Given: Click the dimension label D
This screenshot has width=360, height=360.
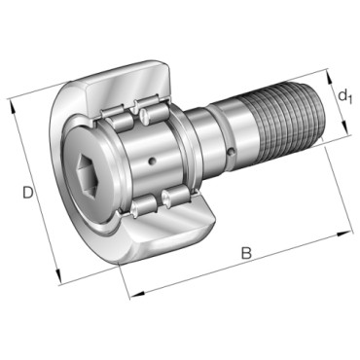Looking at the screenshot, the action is click(28, 193).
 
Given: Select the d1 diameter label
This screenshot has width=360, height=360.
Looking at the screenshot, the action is click(344, 96).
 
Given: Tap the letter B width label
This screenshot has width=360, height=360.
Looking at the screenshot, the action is click(246, 253).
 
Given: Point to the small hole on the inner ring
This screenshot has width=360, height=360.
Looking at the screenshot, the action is click(151, 162).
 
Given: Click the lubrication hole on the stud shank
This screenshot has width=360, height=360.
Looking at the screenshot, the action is click(231, 152).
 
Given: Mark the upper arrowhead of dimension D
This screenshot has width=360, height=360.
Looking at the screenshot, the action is click(12, 106).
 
